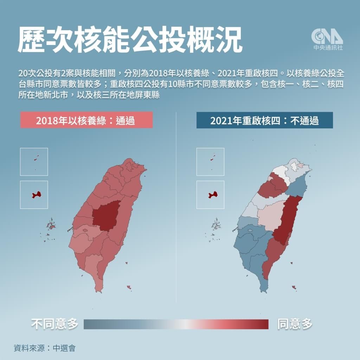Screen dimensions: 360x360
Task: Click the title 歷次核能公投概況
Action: pos(130,40)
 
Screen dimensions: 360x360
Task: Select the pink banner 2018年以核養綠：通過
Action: pos(86,120)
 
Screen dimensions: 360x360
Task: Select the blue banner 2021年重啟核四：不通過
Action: pos(264,120)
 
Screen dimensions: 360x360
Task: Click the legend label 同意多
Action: pos(295,324)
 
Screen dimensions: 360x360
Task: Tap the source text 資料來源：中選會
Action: pos(45,348)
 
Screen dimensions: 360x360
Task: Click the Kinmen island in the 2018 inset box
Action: pos(36,194)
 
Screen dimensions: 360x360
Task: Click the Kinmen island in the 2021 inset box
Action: pos(212,194)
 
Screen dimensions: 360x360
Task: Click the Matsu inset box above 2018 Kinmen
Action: pos(34,162)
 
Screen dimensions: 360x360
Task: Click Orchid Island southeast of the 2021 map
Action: pos(294,288)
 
